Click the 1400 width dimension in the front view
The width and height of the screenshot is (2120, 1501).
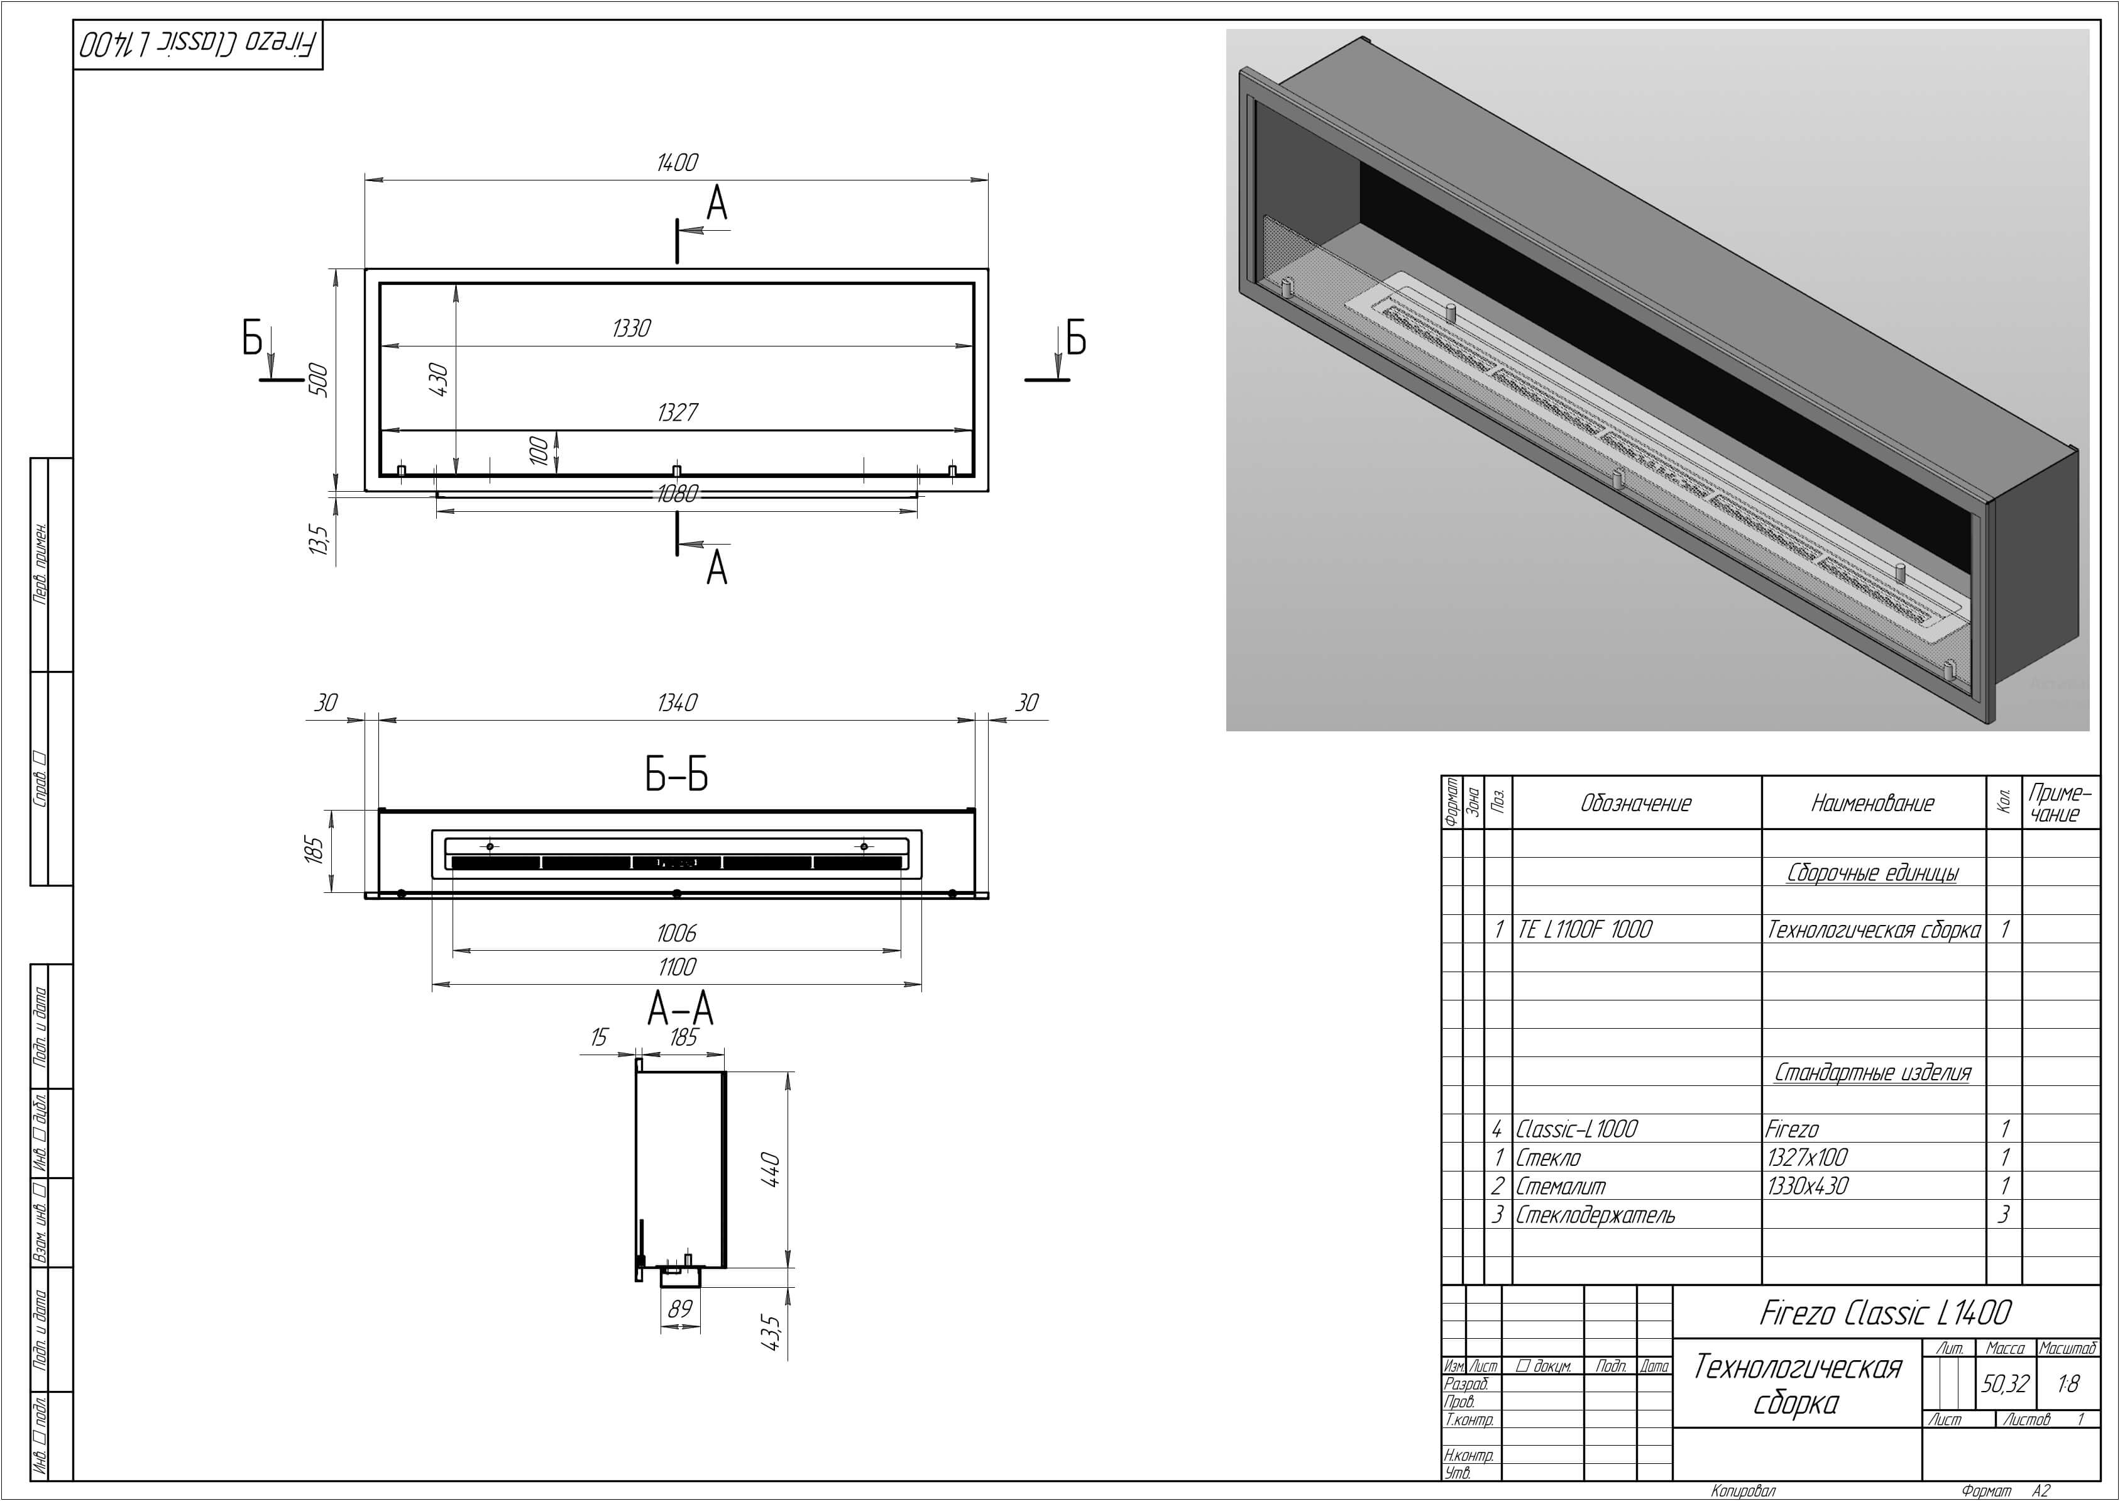(x=677, y=163)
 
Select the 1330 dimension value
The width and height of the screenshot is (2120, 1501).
(x=632, y=328)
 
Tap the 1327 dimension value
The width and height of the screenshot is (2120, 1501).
(x=677, y=413)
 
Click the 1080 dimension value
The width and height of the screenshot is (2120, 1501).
(x=677, y=494)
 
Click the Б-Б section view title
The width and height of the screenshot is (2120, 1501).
(x=677, y=775)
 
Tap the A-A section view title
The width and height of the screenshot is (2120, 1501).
(x=681, y=1009)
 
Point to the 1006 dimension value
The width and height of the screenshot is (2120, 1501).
(x=677, y=934)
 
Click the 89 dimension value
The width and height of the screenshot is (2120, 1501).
(x=680, y=1309)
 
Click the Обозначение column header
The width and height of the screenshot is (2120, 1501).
(x=1636, y=803)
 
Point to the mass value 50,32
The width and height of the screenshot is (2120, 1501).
(x=2004, y=1383)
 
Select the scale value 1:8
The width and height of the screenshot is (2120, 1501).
(x=2068, y=1383)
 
